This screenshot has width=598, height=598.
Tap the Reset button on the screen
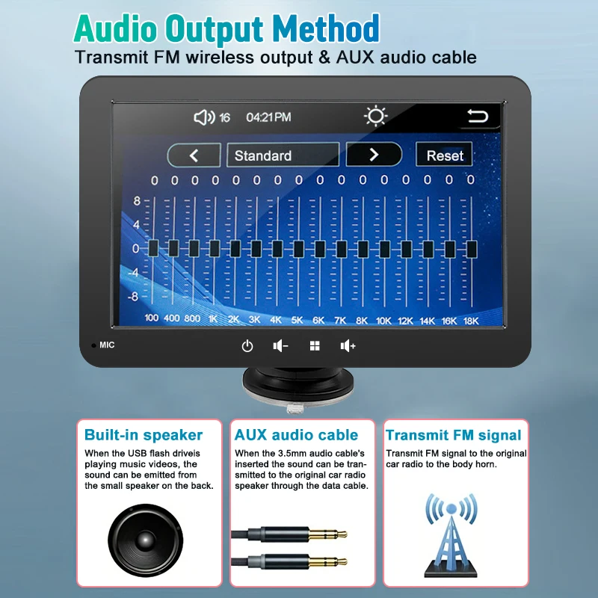(x=444, y=155)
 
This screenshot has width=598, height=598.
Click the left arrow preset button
(x=194, y=155)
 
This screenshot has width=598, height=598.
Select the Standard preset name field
(x=283, y=155)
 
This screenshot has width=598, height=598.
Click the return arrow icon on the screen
(x=478, y=116)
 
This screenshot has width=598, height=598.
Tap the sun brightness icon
(x=376, y=116)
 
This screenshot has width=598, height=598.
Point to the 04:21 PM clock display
(x=268, y=117)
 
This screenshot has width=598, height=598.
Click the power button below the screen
(x=247, y=346)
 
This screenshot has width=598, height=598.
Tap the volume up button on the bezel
(x=348, y=346)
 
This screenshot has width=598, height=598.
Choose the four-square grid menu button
(x=315, y=346)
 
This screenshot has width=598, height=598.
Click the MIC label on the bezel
(x=107, y=345)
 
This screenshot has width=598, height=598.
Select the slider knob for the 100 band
(x=153, y=248)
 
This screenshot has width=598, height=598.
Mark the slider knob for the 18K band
(x=472, y=249)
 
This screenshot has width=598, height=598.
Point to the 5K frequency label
(x=297, y=321)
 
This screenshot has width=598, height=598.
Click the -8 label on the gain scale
(x=133, y=296)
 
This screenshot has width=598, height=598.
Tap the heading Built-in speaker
(x=144, y=435)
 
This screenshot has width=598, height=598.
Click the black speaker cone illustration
(x=145, y=540)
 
